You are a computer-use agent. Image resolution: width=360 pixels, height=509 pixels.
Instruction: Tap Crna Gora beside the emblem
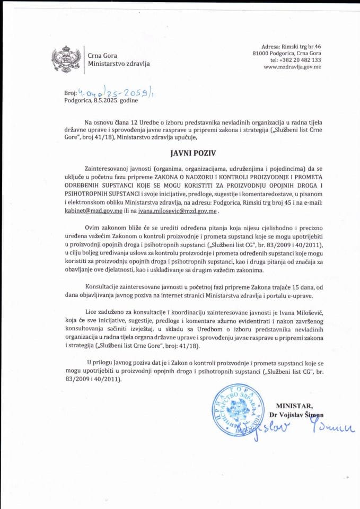click(x=103, y=55)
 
